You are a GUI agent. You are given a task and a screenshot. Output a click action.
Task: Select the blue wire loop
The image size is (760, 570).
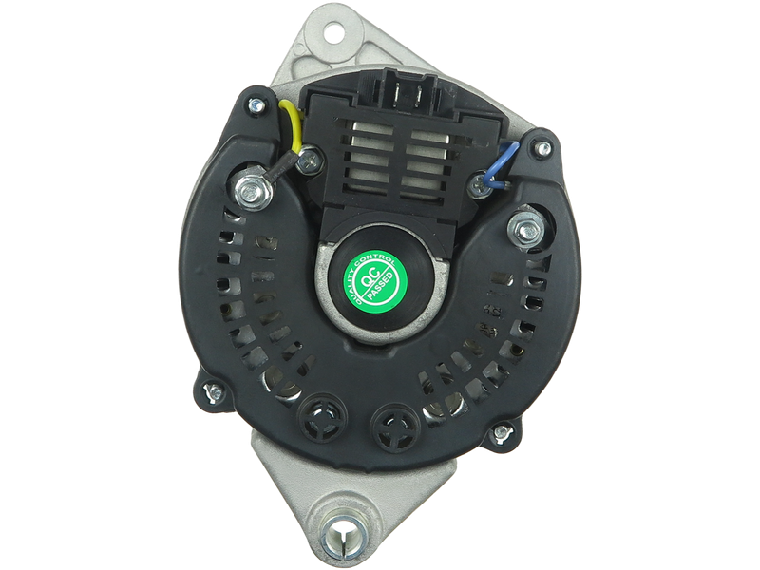pyautogui.click(x=502, y=163)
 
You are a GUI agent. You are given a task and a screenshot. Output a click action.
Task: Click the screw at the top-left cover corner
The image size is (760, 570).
pyautogui.click(x=256, y=104)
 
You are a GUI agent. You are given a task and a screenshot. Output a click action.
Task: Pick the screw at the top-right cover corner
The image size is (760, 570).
pyautogui.click(x=542, y=147)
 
